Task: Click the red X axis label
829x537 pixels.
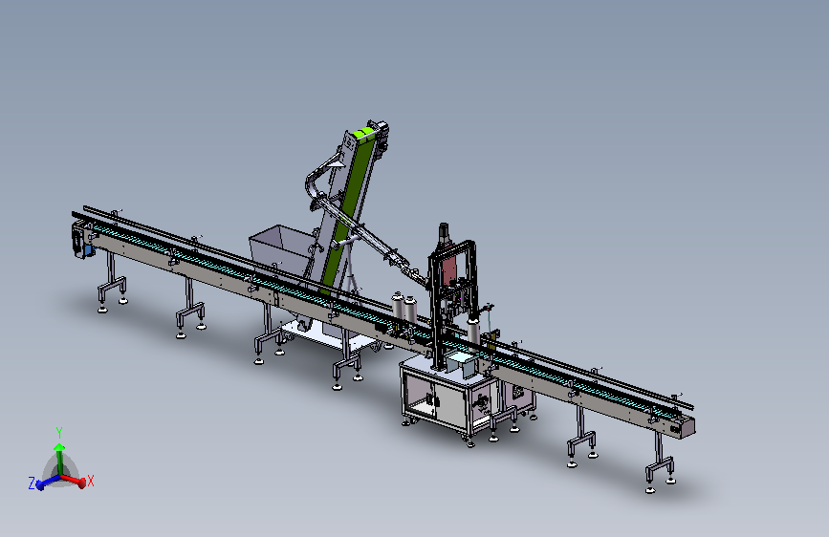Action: coord(91,481)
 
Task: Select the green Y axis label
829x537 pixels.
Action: coord(59,433)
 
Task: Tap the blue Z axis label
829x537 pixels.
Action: coord(32,483)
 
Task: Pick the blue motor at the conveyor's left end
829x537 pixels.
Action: coord(88,249)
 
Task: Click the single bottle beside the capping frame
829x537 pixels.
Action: coord(473,331)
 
